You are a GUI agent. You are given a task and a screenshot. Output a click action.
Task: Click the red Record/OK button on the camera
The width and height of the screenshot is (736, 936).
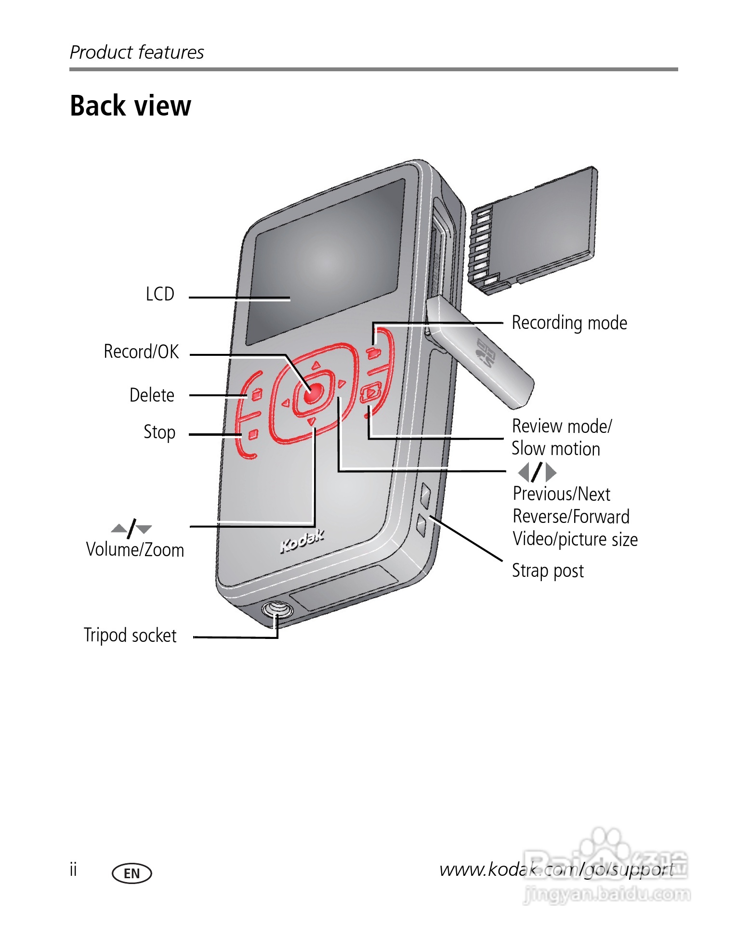(312, 393)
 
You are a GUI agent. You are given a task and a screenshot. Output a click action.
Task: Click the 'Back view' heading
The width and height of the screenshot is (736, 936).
(131, 106)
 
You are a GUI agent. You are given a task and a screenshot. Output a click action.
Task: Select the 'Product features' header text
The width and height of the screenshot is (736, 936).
(137, 52)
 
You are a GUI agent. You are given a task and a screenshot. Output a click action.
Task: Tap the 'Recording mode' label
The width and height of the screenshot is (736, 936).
(569, 323)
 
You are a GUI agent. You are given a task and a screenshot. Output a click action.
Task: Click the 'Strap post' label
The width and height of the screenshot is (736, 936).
(548, 571)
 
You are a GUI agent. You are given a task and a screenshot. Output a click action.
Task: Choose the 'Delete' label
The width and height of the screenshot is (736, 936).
(152, 395)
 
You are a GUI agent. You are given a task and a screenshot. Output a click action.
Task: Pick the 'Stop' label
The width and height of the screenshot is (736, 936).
(159, 432)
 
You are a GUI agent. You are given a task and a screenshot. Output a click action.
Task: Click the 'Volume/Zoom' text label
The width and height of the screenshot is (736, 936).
(135, 550)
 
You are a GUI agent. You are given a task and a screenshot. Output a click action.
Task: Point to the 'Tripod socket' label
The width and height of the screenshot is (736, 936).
(130, 636)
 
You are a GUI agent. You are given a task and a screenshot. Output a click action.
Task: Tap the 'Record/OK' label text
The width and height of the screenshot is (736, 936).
(141, 352)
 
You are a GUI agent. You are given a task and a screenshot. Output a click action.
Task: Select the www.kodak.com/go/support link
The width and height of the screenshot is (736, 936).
(556, 870)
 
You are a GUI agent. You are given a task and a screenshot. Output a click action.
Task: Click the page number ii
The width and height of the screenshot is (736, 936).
(73, 870)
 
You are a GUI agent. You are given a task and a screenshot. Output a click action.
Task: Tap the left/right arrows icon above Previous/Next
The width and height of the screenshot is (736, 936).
(537, 472)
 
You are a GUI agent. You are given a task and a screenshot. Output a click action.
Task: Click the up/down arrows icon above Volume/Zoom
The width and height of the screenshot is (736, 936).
(131, 528)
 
